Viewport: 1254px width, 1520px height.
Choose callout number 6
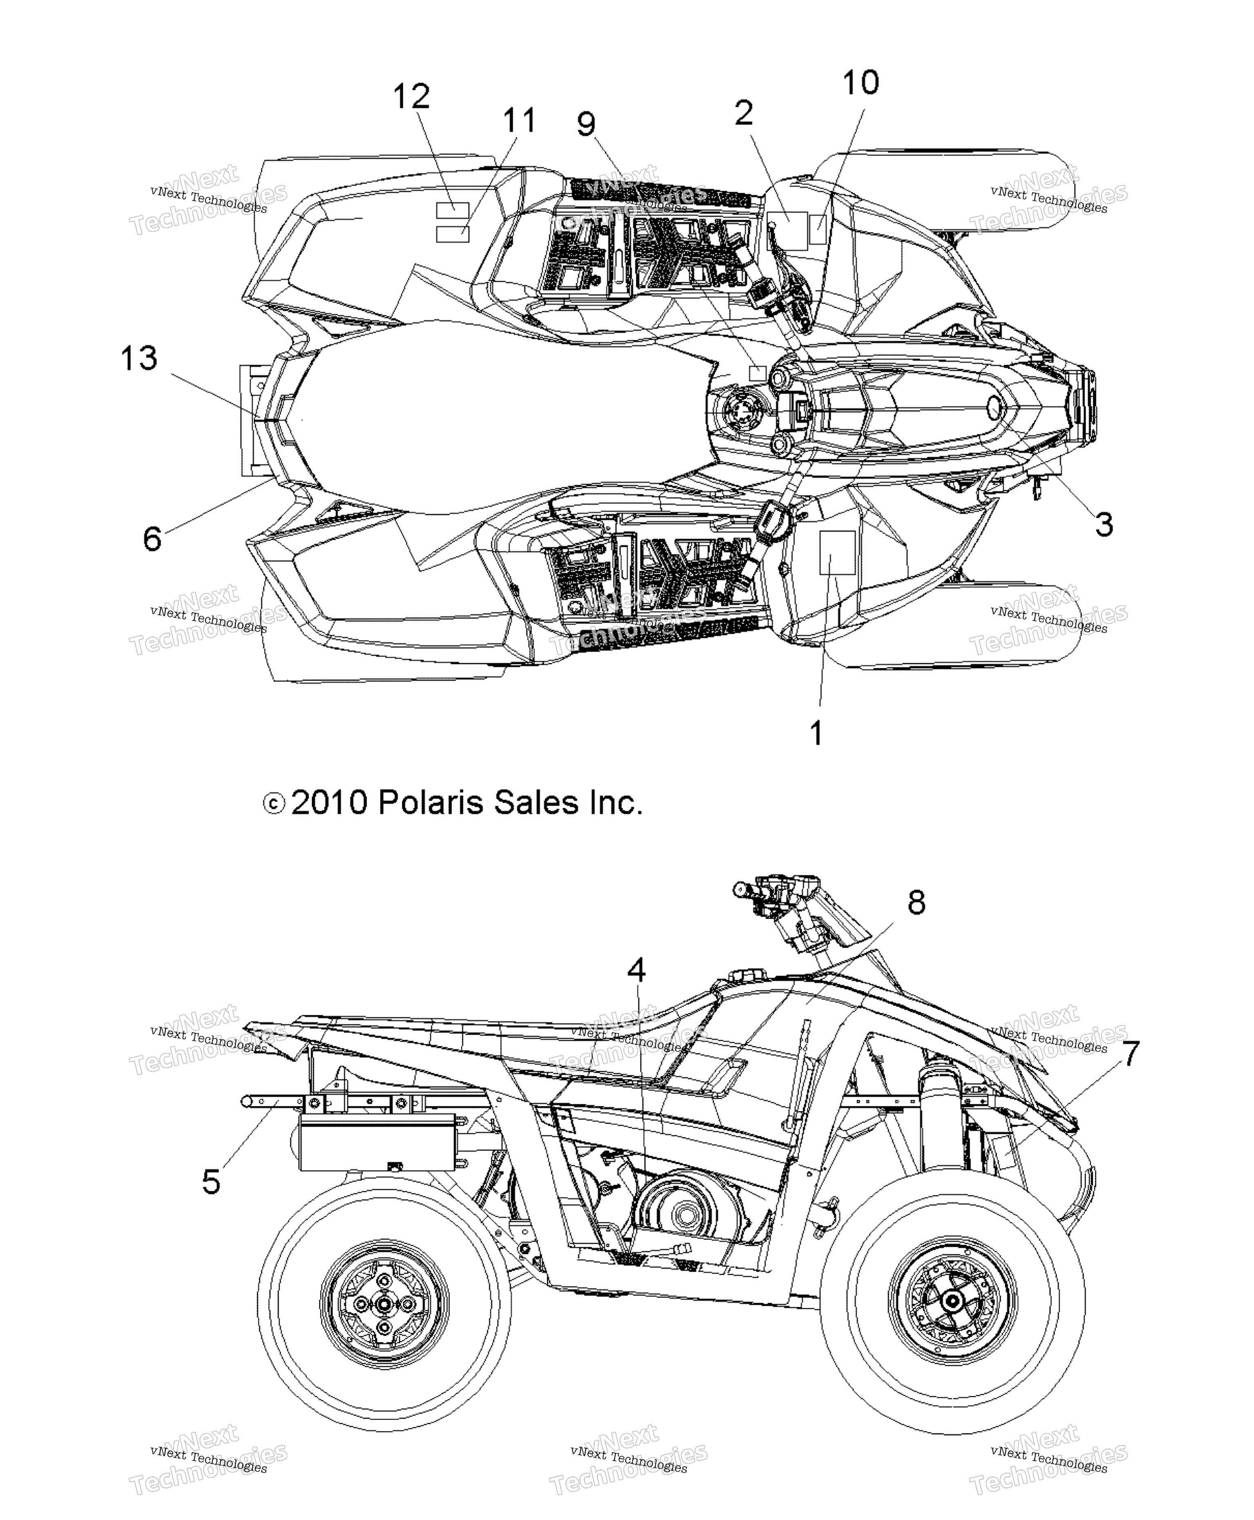coord(152,539)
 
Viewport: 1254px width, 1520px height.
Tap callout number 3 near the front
coord(1104,524)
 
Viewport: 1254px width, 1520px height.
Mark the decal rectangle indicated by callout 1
coord(837,552)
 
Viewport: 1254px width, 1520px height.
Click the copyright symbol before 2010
coord(274,804)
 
